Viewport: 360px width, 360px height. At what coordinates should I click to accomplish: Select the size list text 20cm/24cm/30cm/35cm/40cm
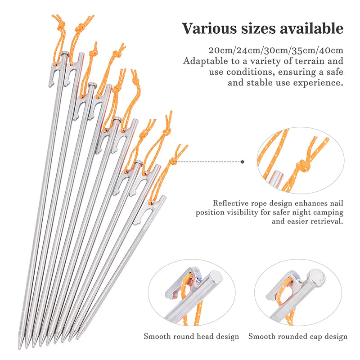point(276,49)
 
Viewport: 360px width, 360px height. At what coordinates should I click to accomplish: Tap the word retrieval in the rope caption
point(325,221)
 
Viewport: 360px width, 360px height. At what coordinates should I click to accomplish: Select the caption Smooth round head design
point(192,336)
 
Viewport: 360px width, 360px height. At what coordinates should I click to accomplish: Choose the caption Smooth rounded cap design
point(298,336)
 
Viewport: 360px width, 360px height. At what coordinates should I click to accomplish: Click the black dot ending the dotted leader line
point(243,161)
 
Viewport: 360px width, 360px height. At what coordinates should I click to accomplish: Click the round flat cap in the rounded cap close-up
point(317,277)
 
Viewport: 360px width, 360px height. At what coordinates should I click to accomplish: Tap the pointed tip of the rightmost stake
point(74,338)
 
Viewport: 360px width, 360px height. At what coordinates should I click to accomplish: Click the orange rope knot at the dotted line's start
point(172,161)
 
